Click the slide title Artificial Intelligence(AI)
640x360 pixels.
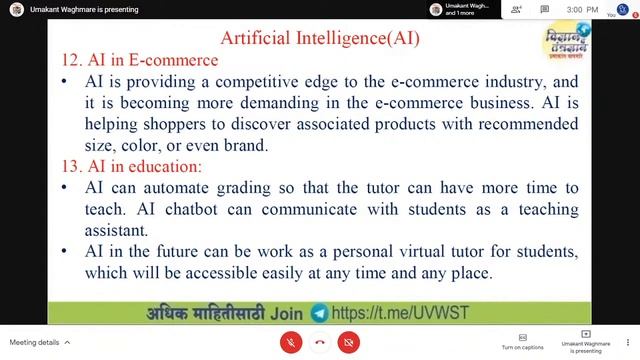(319, 38)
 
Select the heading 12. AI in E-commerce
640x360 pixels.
(139, 60)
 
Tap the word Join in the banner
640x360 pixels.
(286, 313)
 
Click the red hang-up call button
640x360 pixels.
(319, 341)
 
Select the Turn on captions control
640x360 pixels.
(522, 341)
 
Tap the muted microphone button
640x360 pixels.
(290, 341)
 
